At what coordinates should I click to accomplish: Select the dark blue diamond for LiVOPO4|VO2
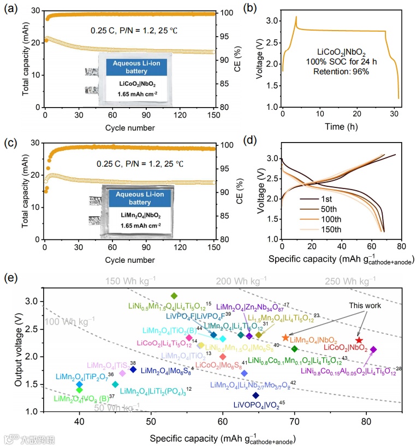click(x=255, y=395)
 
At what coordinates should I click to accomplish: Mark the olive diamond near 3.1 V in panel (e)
click(x=174, y=296)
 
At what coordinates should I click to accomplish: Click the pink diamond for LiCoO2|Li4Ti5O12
click(x=189, y=338)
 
